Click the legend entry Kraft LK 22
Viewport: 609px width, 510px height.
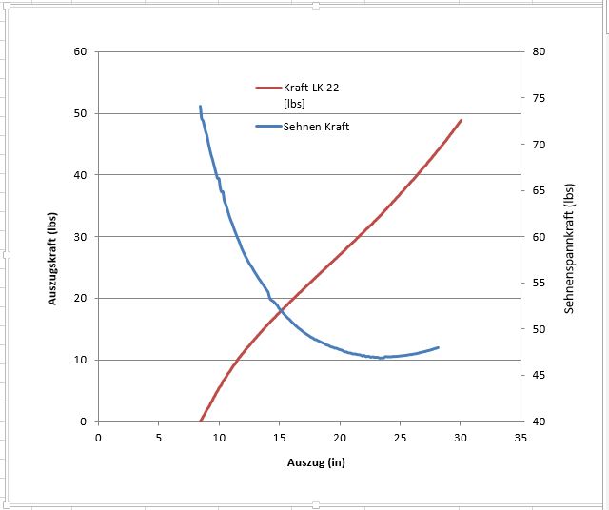coord(311,88)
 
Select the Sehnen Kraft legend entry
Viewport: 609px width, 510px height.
coord(317,127)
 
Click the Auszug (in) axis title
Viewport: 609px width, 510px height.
coord(308,463)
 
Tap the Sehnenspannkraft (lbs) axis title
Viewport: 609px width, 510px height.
coord(569,250)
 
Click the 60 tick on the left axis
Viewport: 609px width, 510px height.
coord(80,51)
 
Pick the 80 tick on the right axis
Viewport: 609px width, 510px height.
coord(538,51)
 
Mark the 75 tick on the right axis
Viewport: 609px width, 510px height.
coord(538,98)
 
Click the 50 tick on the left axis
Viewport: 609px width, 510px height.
coord(80,113)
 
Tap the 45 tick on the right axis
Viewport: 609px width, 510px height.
coord(538,375)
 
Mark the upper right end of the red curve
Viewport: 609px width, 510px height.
coord(462,120)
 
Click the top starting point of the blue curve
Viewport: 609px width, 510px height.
coord(200,107)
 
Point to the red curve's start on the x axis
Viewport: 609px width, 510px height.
coord(200,421)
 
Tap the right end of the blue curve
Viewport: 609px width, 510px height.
coord(438,347)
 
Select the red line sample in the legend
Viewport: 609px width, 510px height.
coord(268,88)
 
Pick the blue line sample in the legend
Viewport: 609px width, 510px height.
coord(268,127)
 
